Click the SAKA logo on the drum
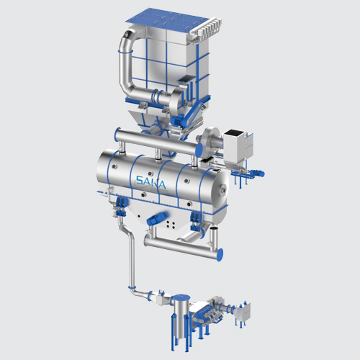[150, 182]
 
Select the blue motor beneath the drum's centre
[158, 217]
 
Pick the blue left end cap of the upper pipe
[117, 135]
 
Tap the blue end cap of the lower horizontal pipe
[220, 255]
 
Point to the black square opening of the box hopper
[235, 132]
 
